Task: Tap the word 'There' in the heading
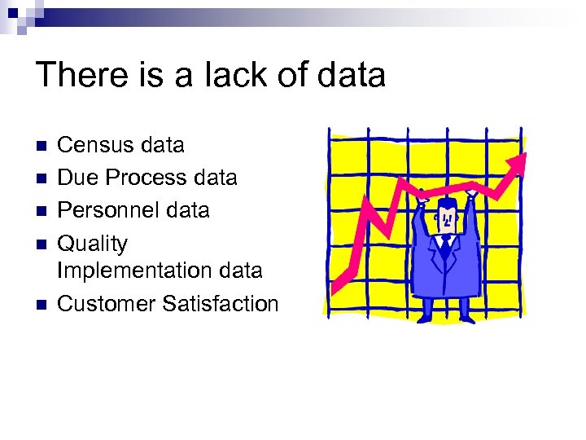tap(76, 75)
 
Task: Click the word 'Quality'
tap(93, 244)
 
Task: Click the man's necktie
tap(446, 242)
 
